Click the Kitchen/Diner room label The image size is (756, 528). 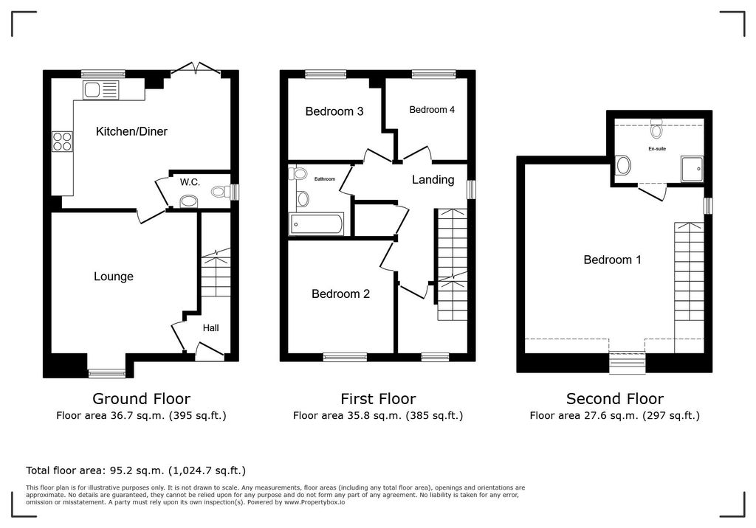pos(131,131)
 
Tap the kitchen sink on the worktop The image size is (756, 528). pos(100,90)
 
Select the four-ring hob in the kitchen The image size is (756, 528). pos(62,142)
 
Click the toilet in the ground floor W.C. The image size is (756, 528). pos(221,192)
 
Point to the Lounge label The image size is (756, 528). pos(113,277)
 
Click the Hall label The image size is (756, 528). pos(210,328)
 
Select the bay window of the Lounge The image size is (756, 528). pos(106,373)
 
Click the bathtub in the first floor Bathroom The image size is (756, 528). pos(316,224)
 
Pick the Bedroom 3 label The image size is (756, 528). pos(334,112)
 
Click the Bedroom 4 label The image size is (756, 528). pos(432,110)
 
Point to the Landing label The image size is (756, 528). pos(433,180)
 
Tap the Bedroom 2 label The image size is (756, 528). pos(340,294)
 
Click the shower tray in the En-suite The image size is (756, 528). pos(692,169)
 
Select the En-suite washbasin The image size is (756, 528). pos(623,165)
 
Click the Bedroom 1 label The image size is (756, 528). pos(612,260)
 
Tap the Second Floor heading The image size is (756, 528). pos(615,399)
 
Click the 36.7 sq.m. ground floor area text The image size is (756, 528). pos(137,415)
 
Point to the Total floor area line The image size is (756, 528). pos(136,470)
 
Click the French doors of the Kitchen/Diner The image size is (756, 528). pos(196,69)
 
